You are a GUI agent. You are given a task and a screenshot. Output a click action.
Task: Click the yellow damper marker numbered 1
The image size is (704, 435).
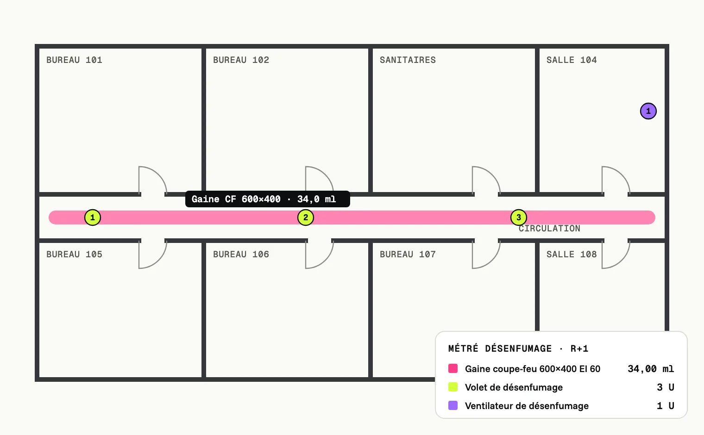pos(93,217)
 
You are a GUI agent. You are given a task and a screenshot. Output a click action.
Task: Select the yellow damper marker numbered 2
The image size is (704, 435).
pos(306,217)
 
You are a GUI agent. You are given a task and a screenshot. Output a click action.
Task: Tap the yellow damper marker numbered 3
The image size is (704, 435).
pos(519,217)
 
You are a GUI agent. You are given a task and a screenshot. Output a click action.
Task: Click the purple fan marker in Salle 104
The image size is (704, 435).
pos(648,111)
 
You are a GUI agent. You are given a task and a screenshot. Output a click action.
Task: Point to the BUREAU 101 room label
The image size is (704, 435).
pos(74,60)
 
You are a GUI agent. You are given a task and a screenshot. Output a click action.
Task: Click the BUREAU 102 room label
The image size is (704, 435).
pos(241,60)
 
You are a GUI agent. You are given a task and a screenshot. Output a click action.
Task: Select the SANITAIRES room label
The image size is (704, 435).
pos(408,60)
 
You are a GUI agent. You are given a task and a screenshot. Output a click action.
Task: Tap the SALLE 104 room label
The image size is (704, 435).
pos(572,60)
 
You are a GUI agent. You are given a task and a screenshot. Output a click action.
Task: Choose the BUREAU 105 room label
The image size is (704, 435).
pos(74,254)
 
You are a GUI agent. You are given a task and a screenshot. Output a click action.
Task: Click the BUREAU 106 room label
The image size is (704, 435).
pos(241,254)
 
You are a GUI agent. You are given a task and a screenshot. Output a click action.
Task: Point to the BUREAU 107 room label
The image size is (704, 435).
pos(408,254)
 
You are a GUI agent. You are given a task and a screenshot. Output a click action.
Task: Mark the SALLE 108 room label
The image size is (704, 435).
pos(572,254)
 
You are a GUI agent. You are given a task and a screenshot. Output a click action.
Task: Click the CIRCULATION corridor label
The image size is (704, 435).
pos(549,229)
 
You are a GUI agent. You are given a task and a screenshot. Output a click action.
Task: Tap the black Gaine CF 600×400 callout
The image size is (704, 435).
pos(267,199)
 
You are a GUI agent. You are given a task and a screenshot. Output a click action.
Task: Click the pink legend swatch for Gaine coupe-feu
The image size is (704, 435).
pos(453,368)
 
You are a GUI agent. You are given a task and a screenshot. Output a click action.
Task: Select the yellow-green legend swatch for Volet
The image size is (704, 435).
pos(453,387)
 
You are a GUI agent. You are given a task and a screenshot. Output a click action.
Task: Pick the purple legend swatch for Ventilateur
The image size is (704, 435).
pos(453,405)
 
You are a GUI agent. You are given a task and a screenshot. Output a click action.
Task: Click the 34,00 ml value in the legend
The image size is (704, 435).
pos(651,369)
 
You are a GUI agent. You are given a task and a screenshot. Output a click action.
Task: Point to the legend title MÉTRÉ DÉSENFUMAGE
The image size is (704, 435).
pos(500,348)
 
